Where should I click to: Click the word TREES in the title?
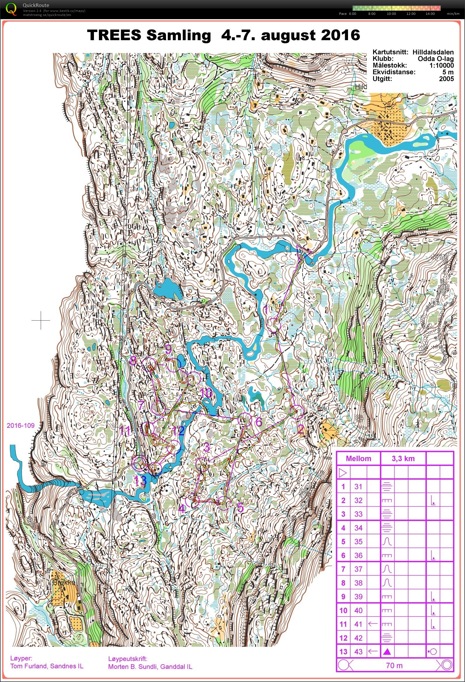[x=114, y=35]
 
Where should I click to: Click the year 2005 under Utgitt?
[x=446, y=79]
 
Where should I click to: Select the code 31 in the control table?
[x=358, y=487]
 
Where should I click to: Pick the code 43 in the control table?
[x=358, y=652]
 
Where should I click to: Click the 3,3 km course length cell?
[x=403, y=459]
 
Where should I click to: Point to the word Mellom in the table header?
[x=358, y=459]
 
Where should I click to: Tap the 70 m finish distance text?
[x=394, y=666]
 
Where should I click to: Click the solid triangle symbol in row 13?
[x=387, y=652]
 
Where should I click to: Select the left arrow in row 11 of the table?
[x=373, y=624]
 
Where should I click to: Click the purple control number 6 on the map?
[x=258, y=422]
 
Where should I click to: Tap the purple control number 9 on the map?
[x=168, y=349]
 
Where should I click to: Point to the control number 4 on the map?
[x=182, y=508]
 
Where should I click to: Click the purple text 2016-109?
[x=21, y=425]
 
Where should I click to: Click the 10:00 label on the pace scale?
[x=391, y=14]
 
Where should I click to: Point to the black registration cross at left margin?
[x=41, y=320]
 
